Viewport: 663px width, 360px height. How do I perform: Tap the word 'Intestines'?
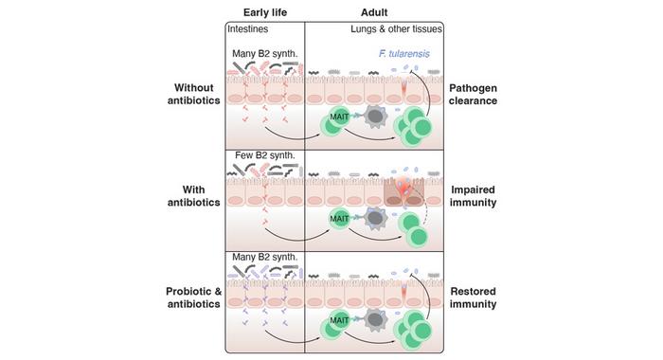click(251, 29)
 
